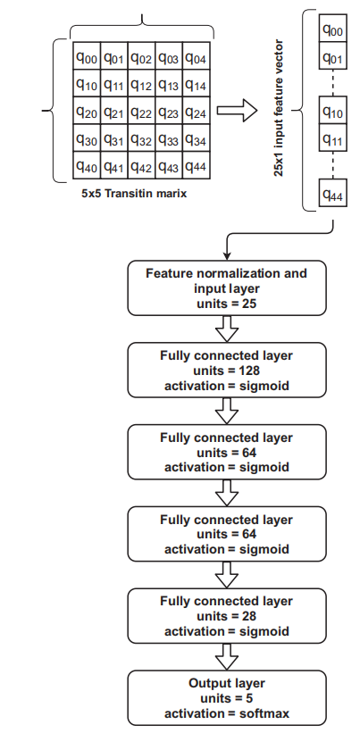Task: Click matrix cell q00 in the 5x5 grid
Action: (87, 56)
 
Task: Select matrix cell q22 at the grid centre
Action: (141, 111)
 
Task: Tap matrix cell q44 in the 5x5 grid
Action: (197, 165)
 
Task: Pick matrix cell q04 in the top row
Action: (197, 56)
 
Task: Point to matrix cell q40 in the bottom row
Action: (87, 165)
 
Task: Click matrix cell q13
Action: (169, 83)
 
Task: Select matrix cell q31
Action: (114, 137)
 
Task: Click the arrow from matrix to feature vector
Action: (237, 111)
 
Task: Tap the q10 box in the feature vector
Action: (333, 110)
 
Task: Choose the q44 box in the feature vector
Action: (333, 193)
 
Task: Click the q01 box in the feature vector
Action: (333, 55)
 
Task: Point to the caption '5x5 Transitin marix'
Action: (134, 193)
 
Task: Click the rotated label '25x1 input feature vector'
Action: (279, 108)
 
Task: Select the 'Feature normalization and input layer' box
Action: (227, 288)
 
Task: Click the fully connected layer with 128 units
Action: (227, 371)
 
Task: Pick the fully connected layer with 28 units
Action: (227, 616)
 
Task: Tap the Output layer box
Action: (227, 698)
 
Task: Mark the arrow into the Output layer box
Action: (227, 657)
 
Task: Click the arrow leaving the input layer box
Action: (227, 329)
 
